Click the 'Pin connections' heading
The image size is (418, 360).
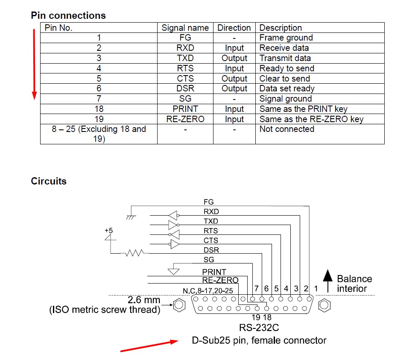coord(68,15)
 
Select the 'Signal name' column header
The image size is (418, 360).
coord(185,28)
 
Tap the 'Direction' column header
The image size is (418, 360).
coord(234,28)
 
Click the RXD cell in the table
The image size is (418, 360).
coord(185,48)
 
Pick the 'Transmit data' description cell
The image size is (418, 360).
coord(285,58)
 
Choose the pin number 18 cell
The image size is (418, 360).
coord(99,109)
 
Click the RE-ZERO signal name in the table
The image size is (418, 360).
coord(185,119)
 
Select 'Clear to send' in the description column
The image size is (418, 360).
coord(284,79)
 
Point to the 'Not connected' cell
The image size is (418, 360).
coord(286,129)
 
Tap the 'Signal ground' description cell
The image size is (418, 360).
coord(286,99)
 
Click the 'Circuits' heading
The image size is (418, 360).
coord(49,181)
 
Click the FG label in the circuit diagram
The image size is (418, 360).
coord(208,202)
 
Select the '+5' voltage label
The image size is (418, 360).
coord(108,230)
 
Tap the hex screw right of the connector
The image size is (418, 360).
coord(324,305)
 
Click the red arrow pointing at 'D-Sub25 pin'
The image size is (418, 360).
coord(149,345)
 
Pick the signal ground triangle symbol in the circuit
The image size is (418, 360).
coord(173,270)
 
